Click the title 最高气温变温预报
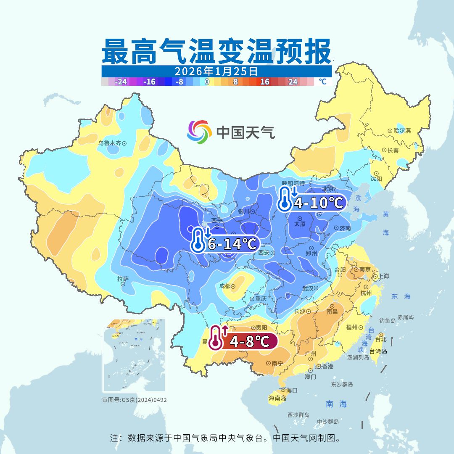point(216,52)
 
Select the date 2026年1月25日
point(216,71)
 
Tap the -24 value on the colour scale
point(121,82)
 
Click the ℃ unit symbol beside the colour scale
point(322,82)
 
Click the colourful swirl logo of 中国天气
point(199,132)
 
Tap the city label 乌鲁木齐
point(110,143)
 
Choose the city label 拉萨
point(123,279)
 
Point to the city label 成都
point(225,286)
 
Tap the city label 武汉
point(308,288)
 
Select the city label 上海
point(383,276)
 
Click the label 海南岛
point(277,398)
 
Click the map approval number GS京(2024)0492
point(135,400)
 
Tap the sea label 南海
point(336,404)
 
